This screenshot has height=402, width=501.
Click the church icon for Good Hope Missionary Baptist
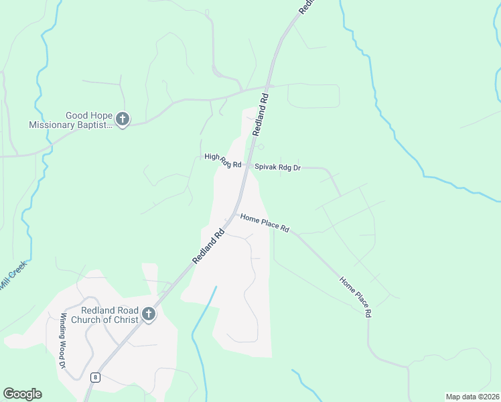[x=122, y=119]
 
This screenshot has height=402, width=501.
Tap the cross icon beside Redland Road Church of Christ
[x=148, y=314]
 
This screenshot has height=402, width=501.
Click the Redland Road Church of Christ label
[x=110, y=315]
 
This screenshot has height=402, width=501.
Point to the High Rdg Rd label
[x=222, y=160]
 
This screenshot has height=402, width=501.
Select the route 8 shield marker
[x=96, y=377]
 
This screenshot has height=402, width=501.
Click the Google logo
[x=22, y=394]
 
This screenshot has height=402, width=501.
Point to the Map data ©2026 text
[x=472, y=396]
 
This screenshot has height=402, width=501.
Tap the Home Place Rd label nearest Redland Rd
[x=265, y=223]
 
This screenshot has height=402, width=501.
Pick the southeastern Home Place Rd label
[x=354, y=297]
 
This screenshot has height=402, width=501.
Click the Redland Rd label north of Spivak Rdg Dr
[x=261, y=113]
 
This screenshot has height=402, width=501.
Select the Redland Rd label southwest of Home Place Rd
[x=209, y=247]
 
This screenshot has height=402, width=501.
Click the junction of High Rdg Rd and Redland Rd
[x=246, y=165]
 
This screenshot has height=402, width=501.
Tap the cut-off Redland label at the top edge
[x=305, y=7]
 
